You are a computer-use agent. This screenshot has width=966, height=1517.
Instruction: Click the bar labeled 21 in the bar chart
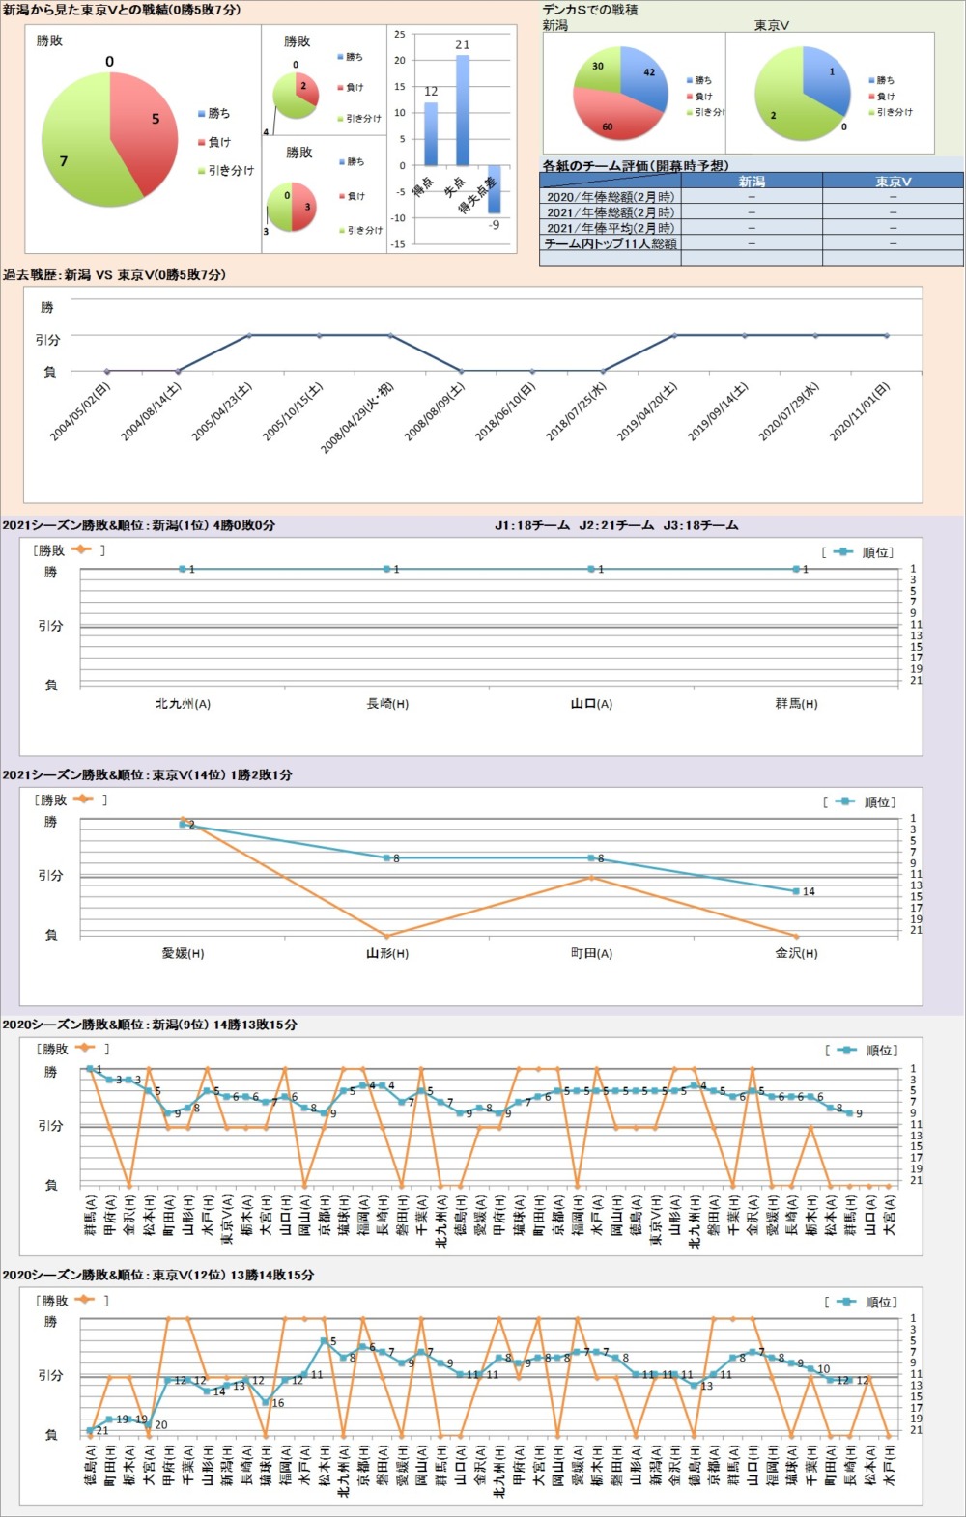(x=463, y=111)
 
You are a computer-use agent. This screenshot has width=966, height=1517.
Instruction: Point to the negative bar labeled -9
(x=494, y=193)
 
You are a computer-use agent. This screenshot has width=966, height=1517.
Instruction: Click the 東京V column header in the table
(x=893, y=182)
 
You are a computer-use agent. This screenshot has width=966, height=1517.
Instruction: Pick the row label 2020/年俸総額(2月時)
(x=611, y=197)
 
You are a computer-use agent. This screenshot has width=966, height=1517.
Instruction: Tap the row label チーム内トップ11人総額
(x=611, y=244)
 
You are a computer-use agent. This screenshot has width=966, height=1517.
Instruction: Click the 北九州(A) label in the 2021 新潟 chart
(x=183, y=704)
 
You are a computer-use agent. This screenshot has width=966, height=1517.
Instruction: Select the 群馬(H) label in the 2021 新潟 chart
(x=796, y=704)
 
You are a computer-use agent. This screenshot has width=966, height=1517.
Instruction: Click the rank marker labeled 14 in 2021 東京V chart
(x=796, y=891)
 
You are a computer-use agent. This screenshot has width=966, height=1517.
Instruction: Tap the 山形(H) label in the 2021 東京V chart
(x=386, y=954)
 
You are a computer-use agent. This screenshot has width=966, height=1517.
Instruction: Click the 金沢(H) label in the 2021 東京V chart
(x=796, y=954)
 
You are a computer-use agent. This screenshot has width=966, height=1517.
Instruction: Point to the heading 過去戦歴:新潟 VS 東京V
(x=114, y=275)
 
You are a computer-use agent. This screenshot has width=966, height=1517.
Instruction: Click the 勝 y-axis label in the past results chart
(x=47, y=307)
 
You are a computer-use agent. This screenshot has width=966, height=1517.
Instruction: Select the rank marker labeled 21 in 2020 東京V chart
(x=90, y=1430)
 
